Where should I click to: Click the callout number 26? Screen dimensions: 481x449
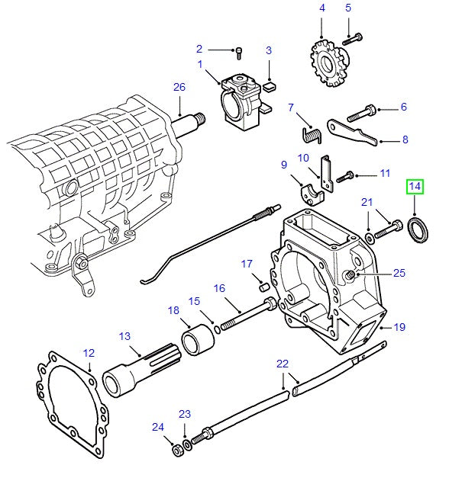click(x=179, y=87)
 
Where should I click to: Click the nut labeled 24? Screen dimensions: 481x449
click(x=176, y=450)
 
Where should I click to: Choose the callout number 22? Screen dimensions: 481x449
click(x=283, y=363)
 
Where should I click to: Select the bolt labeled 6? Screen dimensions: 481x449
click(x=363, y=116)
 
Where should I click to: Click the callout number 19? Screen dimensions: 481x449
click(x=399, y=328)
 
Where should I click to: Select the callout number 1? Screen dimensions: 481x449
click(x=201, y=65)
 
